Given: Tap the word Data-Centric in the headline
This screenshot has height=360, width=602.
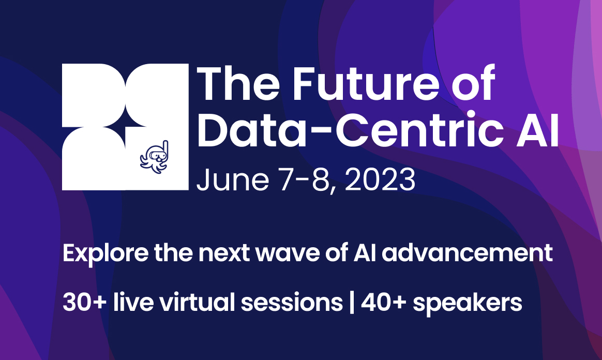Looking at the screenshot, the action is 351,129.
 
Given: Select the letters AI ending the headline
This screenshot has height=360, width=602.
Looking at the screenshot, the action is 537,129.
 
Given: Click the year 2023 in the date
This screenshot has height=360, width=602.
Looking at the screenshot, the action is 380,179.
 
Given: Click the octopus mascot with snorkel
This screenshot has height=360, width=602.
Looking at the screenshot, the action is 154,157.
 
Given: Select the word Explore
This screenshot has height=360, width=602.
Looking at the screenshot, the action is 105,253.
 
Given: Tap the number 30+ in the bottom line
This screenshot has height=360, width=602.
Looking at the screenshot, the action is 84,303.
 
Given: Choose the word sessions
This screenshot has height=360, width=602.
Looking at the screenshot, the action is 292,303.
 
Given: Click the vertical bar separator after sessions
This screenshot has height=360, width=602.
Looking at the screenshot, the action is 352,303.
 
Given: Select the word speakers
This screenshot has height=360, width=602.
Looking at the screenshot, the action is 467,303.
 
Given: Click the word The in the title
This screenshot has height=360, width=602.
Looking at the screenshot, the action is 238,83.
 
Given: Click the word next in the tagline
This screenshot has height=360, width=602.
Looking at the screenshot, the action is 224,253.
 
